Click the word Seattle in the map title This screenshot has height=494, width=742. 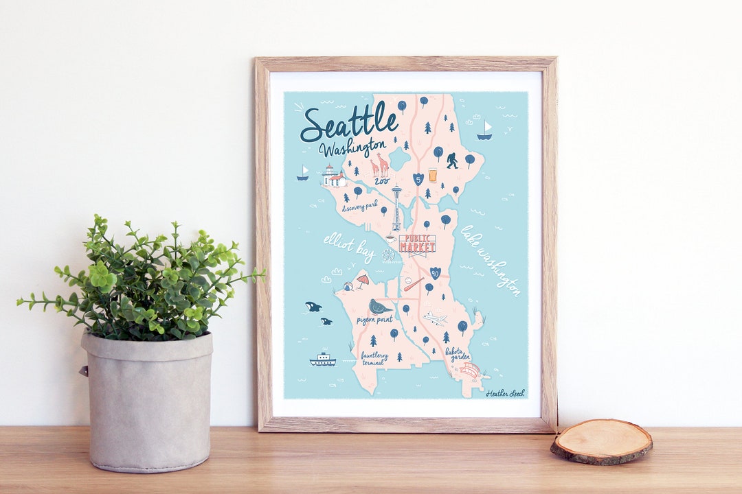point(349,124)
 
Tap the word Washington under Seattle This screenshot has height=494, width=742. point(352,148)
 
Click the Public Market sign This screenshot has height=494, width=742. point(417,244)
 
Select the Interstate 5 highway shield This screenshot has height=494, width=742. point(418,179)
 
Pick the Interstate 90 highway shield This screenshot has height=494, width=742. point(435,273)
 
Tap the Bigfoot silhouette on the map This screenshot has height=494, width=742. point(452,162)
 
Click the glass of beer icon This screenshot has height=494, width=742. point(433,175)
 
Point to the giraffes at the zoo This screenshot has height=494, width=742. point(379,165)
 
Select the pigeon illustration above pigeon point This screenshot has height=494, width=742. point(379,306)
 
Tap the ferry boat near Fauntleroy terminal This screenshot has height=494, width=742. point(322,360)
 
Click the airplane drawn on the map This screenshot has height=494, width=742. point(435,318)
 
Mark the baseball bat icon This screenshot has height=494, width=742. point(414,283)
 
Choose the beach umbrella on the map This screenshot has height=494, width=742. point(362,280)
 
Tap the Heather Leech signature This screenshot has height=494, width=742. point(505,394)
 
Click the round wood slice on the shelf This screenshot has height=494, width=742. point(601,440)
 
